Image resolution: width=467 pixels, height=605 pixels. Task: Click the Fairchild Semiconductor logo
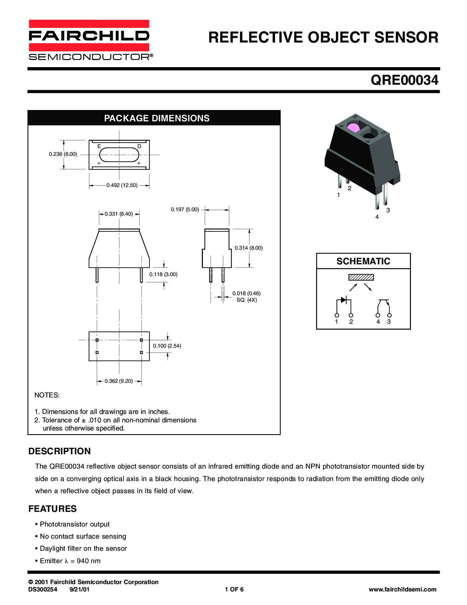click(89, 40)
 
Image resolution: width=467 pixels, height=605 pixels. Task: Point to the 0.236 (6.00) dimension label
click(63, 154)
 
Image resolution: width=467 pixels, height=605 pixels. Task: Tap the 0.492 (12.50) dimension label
click(122, 186)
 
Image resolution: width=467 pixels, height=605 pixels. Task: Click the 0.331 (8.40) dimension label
click(119, 214)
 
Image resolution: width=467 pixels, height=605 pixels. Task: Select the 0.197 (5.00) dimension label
click(185, 209)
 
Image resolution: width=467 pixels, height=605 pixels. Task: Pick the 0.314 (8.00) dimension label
click(249, 248)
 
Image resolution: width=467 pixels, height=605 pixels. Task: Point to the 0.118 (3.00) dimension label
click(163, 274)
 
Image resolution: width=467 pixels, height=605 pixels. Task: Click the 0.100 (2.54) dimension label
click(167, 346)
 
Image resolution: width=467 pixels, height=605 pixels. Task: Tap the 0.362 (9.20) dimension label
click(119, 381)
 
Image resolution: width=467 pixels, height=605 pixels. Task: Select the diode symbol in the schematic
click(343, 300)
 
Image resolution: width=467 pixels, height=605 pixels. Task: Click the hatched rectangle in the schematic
click(361, 277)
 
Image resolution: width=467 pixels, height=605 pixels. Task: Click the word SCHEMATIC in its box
click(363, 261)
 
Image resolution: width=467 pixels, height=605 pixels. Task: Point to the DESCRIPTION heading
click(60, 451)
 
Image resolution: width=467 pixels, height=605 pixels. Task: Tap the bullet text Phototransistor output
click(75, 524)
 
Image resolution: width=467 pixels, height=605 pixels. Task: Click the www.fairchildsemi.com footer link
click(402, 589)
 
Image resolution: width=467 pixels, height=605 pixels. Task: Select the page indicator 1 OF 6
click(234, 589)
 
